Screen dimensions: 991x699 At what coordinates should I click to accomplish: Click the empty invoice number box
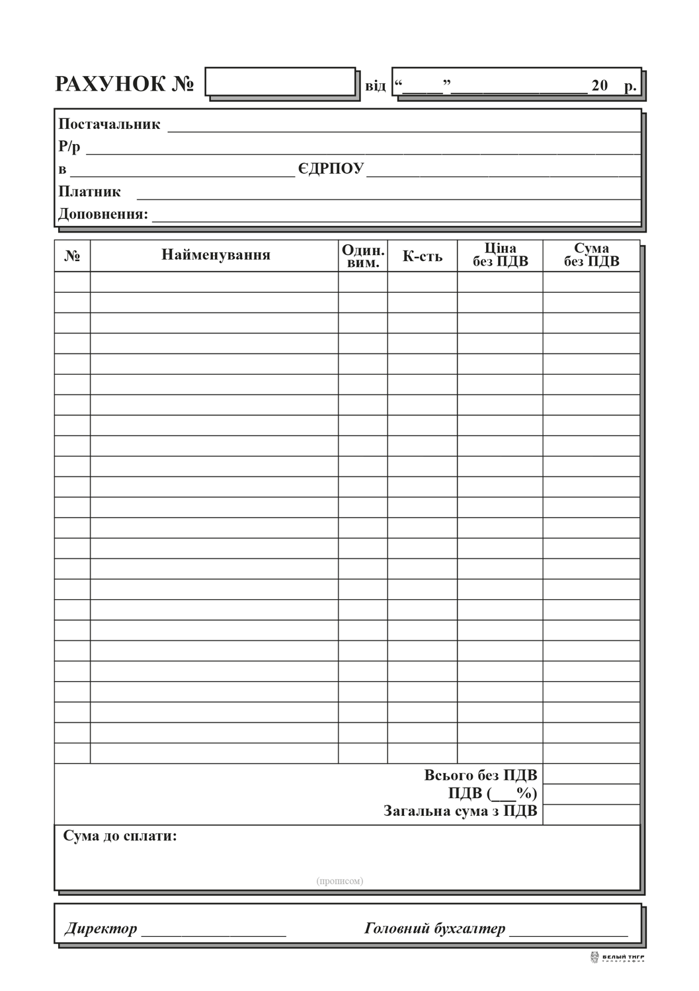pyautogui.click(x=280, y=82)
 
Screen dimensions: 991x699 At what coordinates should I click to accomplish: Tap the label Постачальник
pyautogui.click(x=109, y=124)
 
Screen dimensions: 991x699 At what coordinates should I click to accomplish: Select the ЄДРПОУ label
pyautogui.click(x=331, y=168)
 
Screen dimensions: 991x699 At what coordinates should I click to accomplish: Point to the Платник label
pyautogui.click(x=89, y=192)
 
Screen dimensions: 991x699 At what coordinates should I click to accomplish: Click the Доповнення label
pyautogui.click(x=103, y=214)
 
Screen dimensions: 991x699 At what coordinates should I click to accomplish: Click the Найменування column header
pyautogui.click(x=216, y=255)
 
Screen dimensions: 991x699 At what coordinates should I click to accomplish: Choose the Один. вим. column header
pyautogui.click(x=362, y=256)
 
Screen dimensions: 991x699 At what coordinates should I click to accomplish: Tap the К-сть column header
pyautogui.click(x=422, y=256)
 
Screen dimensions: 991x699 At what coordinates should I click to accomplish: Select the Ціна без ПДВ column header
pyautogui.click(x=500, y=255)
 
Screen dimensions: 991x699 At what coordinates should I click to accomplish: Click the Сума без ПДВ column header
pyautogui.click(x=591, y=255)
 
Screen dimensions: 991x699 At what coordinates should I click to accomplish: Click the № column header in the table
pyautogui.click(x=72, y=256)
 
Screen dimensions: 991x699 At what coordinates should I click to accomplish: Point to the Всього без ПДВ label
pyautogui.click(x=480, y=775)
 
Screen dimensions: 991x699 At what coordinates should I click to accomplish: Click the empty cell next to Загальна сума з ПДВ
pyautogui.click(x=591, y=814)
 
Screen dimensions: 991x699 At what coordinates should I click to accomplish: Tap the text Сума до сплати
pyautogui.click(x=120, y=836)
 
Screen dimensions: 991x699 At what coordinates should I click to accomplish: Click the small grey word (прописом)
pyautogui.click(x=339, y=881)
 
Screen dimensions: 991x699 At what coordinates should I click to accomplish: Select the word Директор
pyautogui.click(x=101, y=929)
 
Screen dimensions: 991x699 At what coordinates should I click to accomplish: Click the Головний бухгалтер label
pyautogui.click(x=434, y=929)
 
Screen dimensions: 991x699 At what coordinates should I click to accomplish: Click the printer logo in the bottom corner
pyautogui.click(x=616, y=957)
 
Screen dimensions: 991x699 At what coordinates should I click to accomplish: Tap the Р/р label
pyautogui.click(x=69, y=147)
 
